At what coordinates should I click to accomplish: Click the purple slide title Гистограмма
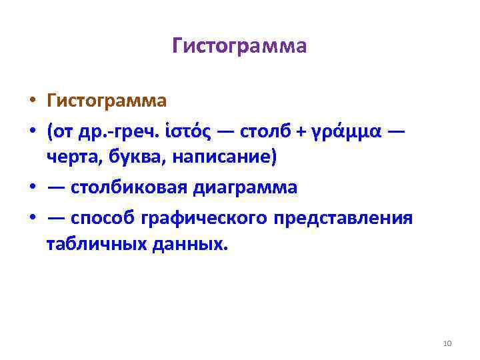239,46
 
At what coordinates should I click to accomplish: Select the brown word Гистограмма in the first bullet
107,101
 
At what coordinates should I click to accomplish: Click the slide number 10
447,343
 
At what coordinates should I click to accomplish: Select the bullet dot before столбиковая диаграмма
32,189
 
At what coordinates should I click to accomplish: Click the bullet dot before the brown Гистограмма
32,102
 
